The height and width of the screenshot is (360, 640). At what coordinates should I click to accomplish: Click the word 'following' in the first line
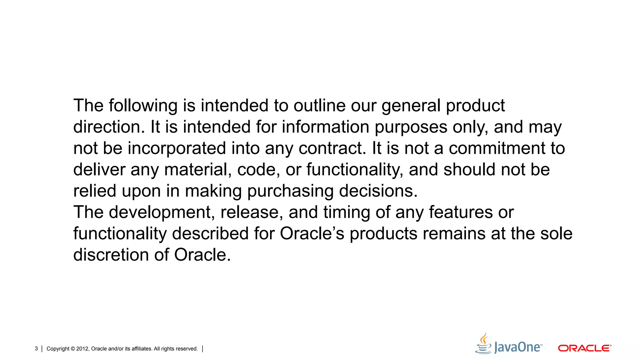coord(143,106)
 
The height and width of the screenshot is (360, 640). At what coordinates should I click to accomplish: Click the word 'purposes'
coord(411,127)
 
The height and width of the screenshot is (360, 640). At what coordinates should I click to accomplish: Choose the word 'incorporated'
coord(177,148)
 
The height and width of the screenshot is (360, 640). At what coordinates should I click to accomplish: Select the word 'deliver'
coord(99,169)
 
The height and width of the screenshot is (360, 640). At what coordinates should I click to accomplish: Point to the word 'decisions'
coord(378,191)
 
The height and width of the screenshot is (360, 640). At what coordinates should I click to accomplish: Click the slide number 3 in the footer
coord(36,349)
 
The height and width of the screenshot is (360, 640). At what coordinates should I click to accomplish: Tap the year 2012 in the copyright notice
coord(82,349)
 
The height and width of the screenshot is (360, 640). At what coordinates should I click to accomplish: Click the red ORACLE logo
coord(584,348)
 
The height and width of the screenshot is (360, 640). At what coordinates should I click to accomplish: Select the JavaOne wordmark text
coord(518,347)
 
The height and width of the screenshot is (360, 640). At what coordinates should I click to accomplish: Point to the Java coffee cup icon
coord(483,344)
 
